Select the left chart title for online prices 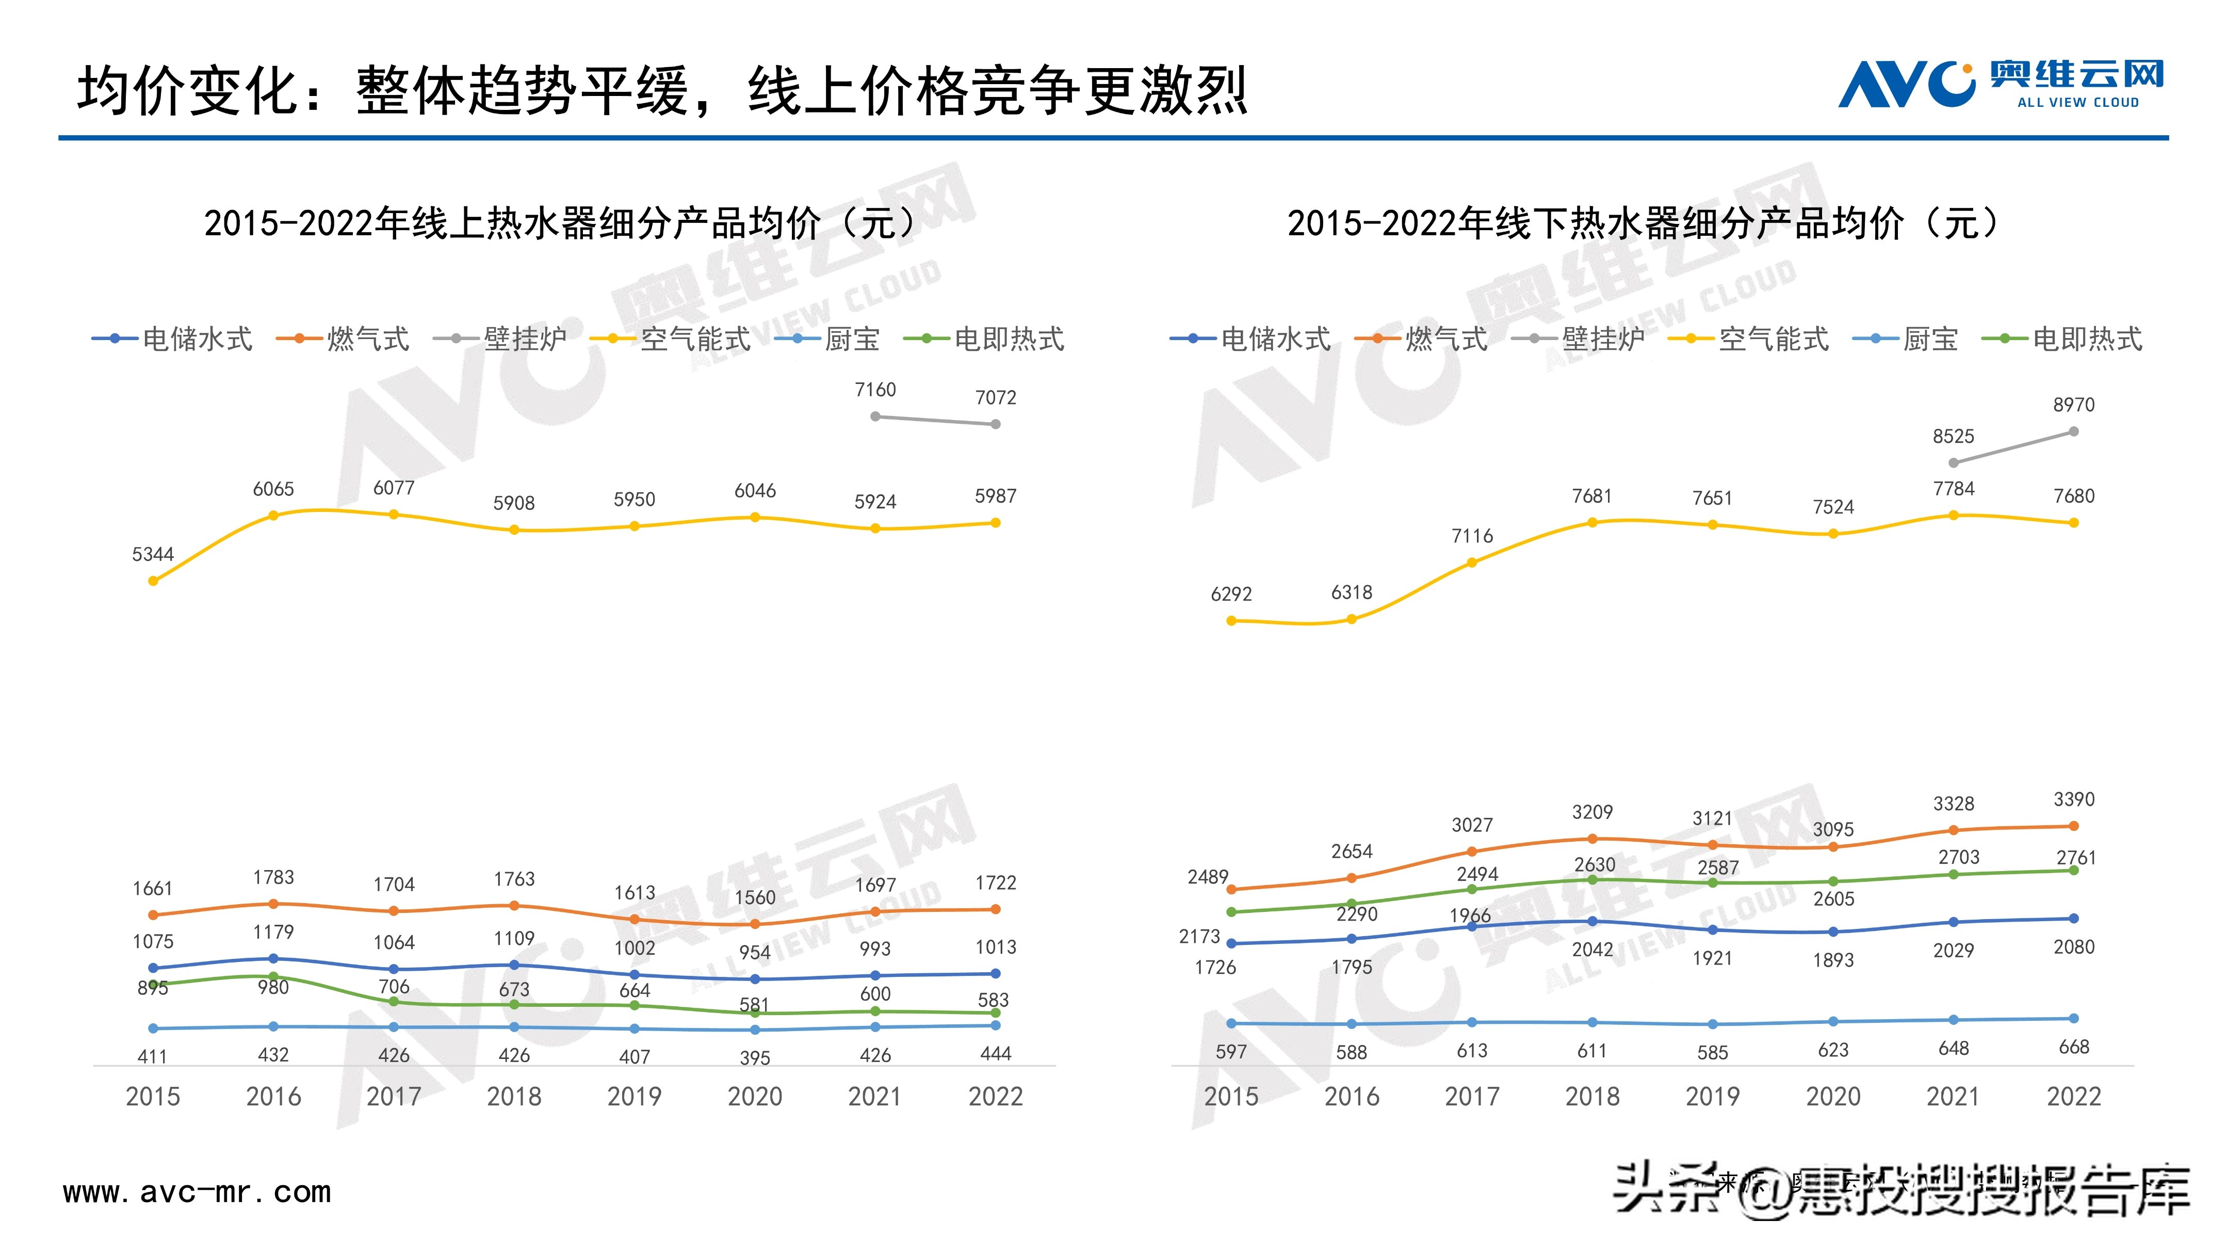coord(559,223)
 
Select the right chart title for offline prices coord(1643,223)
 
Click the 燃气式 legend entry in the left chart coord(343,339)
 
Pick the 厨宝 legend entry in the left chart coord(828,339)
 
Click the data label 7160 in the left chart coord(875,390)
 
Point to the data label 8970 coord(2073,405)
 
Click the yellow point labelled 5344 coord(153,581)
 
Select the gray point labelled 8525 coord(1953,462)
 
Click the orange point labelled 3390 coord(2073,826)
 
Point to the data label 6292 coord(1231,594)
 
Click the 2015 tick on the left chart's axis coord(153,1097)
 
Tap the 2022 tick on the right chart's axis coord(2073,1097)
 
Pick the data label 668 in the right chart coord(2073,1047)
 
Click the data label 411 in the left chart coord(153,1057)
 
